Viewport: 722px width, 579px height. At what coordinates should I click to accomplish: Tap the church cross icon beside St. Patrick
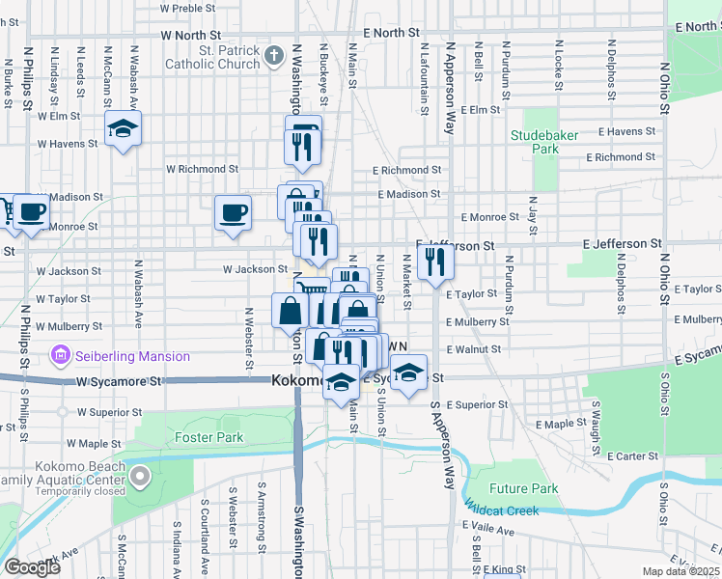(x=274, y=56)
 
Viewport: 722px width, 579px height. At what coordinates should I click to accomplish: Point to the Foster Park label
(x=208, y=437)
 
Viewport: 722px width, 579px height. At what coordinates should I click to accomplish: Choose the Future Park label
(x=523, y=488)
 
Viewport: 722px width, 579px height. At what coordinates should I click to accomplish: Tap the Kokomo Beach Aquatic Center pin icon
(x=141, y=476)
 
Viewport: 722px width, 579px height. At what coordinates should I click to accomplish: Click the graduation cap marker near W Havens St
(x=124, y=128)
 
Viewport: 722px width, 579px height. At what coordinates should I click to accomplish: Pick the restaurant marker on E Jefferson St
(x=436, y=261)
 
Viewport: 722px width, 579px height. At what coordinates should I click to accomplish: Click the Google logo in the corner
(x=31, y=567)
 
